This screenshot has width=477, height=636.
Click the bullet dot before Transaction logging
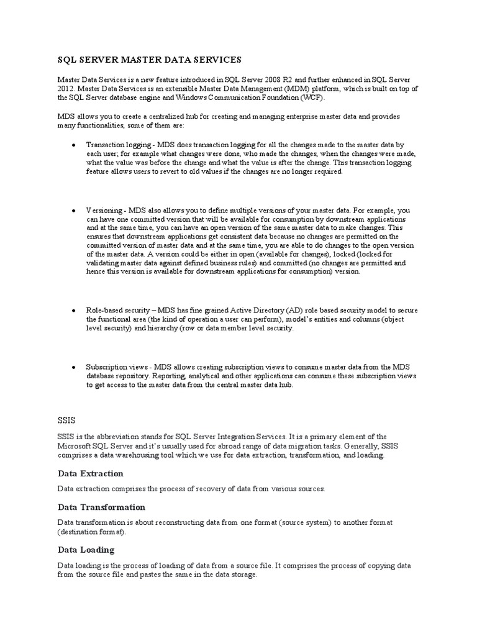74,143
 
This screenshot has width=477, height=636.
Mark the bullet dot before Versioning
74,211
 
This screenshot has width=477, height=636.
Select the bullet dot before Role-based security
74,310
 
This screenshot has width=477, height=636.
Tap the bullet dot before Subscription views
74,367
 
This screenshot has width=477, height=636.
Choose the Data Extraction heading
91,474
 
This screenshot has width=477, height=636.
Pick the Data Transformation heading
102,507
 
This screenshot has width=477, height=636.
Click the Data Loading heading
86,550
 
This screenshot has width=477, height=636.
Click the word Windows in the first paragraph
175,98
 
